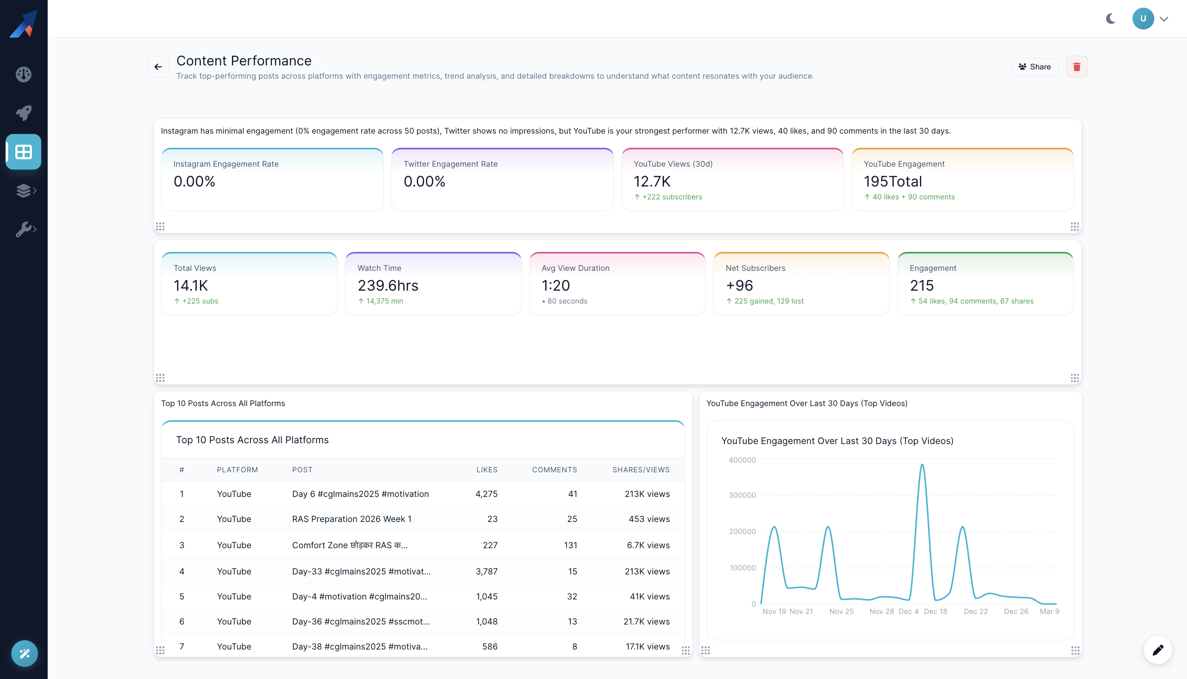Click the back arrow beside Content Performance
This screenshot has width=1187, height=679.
click(x=158, y=67)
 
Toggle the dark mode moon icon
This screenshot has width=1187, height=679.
click(x=1111, y=19)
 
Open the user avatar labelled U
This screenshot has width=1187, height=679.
click(x=1143, y=19)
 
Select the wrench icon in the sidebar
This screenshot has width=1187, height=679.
click(x=23, y=229)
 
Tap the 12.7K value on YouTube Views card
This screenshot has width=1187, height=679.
click(x=652, y=181)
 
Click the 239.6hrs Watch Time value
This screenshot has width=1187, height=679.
click(x=388, y=285)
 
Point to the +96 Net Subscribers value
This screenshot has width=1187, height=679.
click(x=739, y=285)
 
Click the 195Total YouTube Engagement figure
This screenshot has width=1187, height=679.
click(x=892, y=181)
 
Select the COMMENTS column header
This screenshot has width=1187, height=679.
click(x=554, y=469)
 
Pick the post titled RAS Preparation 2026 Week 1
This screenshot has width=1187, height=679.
click(x=352, y=519)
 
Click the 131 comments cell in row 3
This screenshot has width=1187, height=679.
click(x=570, y=545)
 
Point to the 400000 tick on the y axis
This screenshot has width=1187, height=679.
click(x=742, y=460)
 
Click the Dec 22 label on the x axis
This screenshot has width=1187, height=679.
click(x=976, y=611)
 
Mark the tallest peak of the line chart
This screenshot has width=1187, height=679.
click(x=922, y=465)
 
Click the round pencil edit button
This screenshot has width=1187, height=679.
click(x=1158, y=650)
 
